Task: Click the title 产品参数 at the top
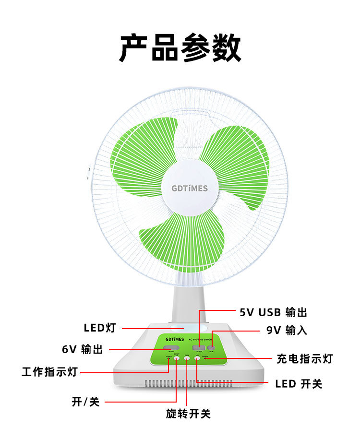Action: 180,48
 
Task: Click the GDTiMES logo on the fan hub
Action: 190,188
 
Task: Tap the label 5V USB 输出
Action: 273,313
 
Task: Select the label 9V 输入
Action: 287,331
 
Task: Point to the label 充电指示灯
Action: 304,358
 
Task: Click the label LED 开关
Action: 299,384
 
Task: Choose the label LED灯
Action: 100,328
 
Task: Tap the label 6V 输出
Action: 82,349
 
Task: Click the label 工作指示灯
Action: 49,372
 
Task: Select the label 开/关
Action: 85,402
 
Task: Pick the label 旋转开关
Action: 188,414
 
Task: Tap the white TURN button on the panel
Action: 186,358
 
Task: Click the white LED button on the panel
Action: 197,358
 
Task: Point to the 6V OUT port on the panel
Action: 169,347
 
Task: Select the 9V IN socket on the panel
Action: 210,347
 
